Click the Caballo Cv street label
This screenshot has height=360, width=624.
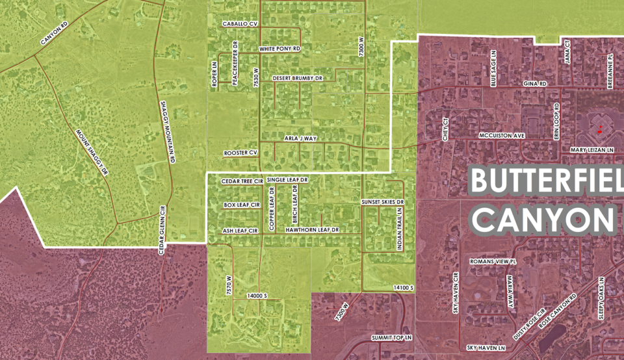click(x=240, y=23)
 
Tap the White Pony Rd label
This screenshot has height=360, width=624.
click(x=279, y=49)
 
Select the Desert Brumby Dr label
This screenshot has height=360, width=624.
click(x=298, y=78)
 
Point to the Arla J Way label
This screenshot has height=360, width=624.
click(x=300, y=138)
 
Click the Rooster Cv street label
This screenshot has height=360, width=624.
click(x=240, y=152)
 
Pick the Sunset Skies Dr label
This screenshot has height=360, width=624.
click(x=383, y=203)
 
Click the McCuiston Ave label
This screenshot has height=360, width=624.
click(x=501, y=136)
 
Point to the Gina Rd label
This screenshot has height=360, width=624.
click(x=536, y=84)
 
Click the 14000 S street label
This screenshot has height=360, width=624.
click(x=257, y=296)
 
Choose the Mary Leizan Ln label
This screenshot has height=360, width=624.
click(x=592, y=150)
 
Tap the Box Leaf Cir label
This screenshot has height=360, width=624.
click(x=241, y=205)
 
